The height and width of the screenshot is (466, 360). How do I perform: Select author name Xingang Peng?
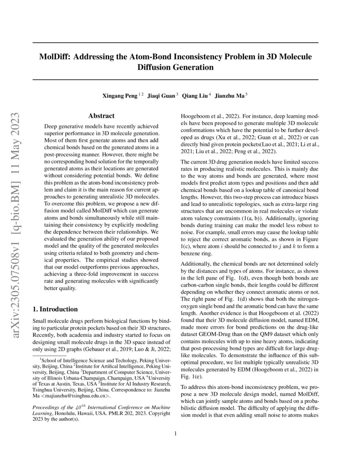120,96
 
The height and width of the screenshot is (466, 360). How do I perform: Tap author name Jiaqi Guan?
161,96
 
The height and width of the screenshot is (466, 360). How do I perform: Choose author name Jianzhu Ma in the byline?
229,96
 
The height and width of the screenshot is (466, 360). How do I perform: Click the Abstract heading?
101,116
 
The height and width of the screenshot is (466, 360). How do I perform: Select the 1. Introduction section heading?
55,309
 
